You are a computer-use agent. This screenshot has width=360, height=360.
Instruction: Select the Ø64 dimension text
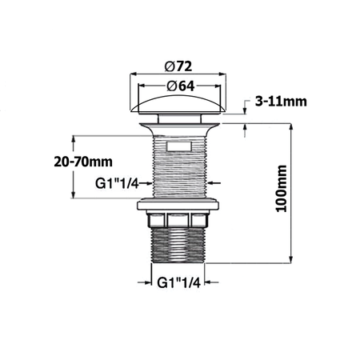(180, 86)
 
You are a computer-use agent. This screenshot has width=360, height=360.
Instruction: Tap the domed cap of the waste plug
(179, 103)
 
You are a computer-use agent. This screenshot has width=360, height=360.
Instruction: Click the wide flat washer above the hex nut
(179, 208)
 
